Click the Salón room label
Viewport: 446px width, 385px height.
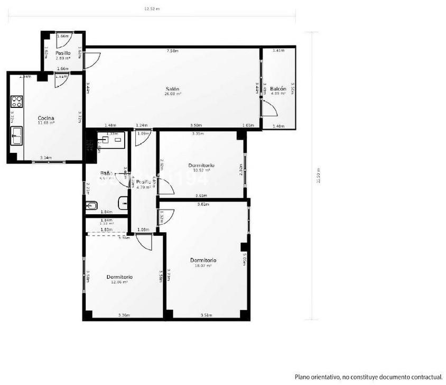(172, 88)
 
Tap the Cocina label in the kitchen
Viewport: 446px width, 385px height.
(46, 118)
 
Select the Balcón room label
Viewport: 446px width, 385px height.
(278, 88)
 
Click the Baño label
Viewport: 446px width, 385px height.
(106, 173)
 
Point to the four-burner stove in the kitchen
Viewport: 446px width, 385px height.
(17, 101)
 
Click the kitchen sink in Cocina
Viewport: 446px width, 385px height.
(16, 136)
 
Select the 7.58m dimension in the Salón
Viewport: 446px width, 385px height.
(172, 51)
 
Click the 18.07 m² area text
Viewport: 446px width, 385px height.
(204, 266)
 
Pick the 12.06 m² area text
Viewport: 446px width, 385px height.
(119, 282)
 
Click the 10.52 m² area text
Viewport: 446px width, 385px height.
(201, 170)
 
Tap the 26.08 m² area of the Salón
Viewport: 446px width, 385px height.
(172, 94)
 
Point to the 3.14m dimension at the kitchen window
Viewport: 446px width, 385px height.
(46, 158)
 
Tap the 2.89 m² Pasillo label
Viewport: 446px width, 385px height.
(63, 59)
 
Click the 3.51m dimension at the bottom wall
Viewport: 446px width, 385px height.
(206, 315)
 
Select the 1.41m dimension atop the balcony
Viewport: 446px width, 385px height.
(278, 51)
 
